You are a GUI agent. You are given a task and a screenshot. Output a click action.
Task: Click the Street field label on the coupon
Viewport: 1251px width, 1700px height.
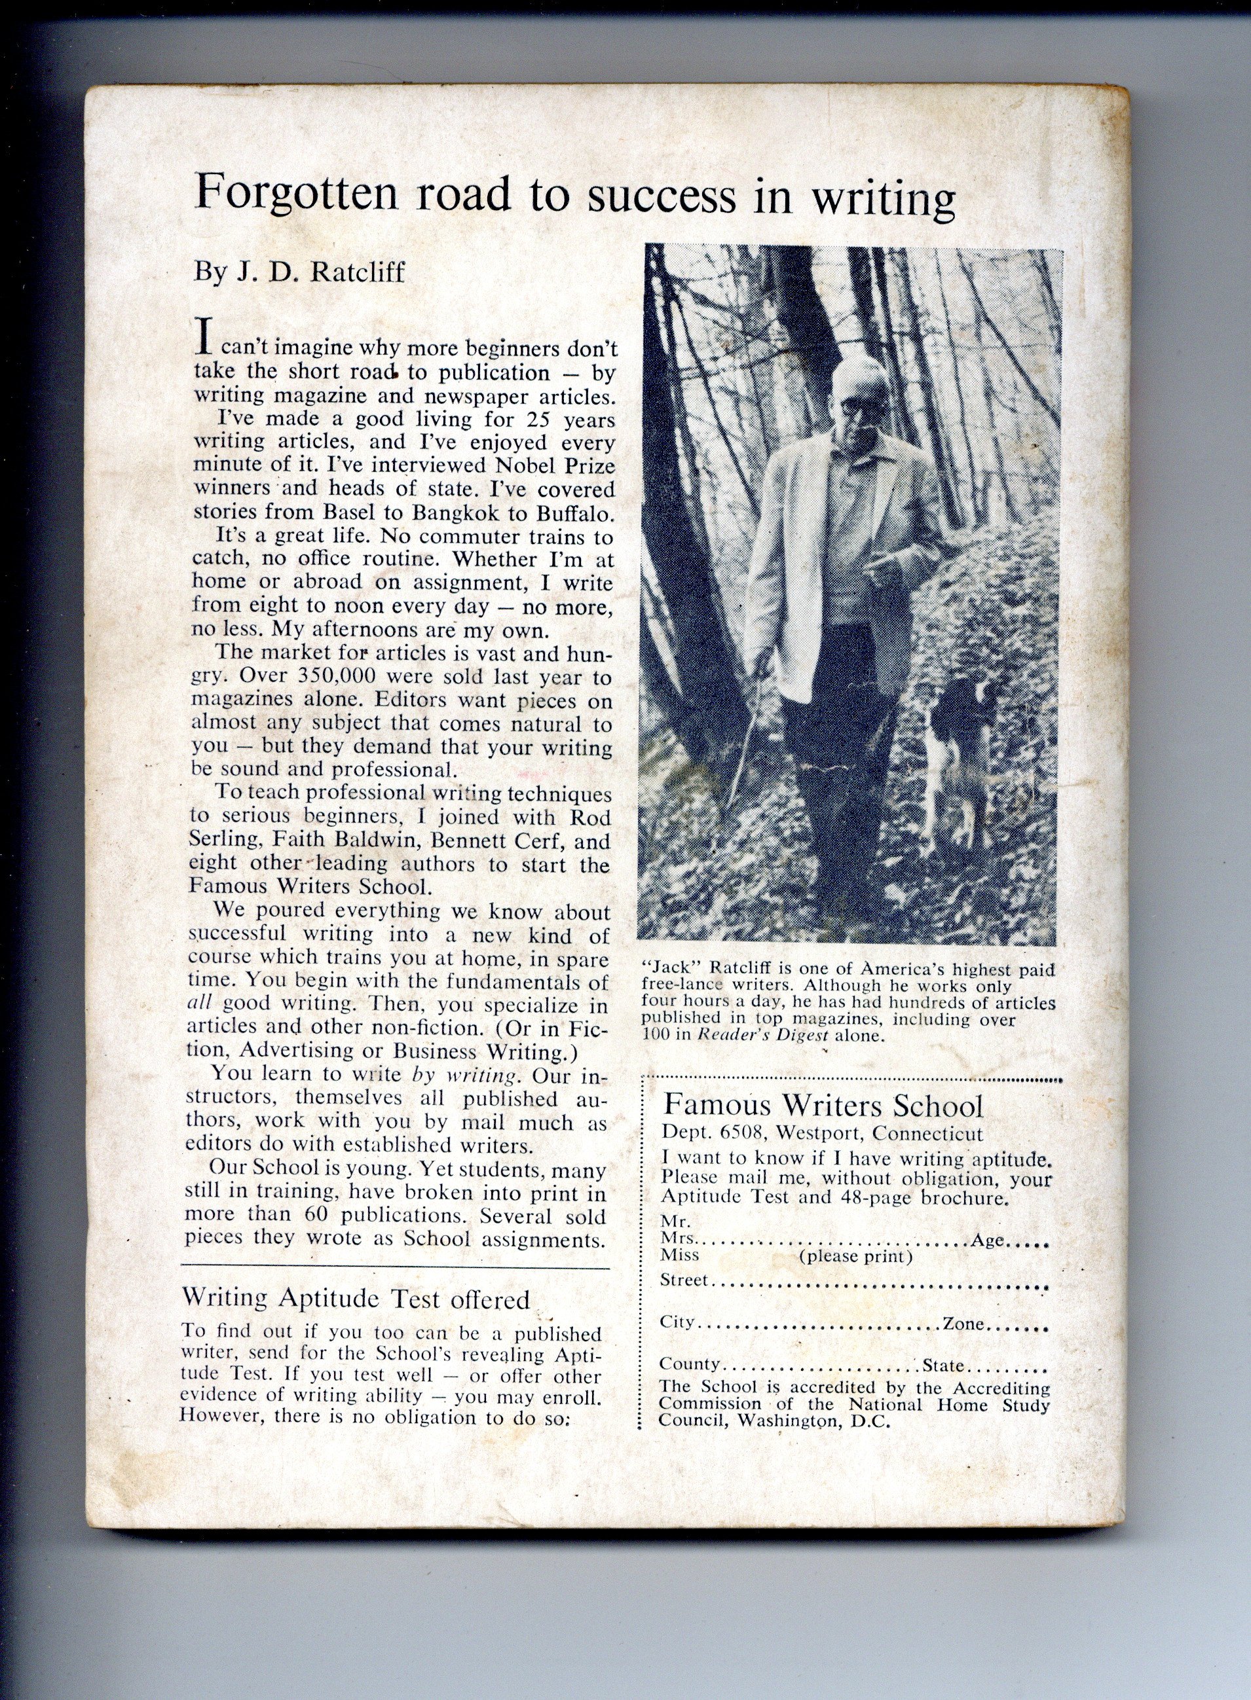point(684,1280)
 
